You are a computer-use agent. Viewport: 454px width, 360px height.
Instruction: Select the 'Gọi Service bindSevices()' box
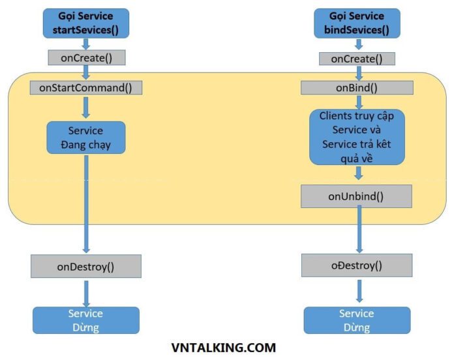pyautogui.click(x=357, y=23)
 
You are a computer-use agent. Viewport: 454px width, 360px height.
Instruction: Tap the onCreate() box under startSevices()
pyautogui.click(x=86, y=57)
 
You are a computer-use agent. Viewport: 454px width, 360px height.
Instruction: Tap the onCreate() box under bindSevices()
pyautogui.click(x=357, y=59)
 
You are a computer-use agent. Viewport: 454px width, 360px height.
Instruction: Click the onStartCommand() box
pyautogui.click(x=86, y=87)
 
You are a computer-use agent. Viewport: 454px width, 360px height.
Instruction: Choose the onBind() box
pyautogui.click(x=357, y=87)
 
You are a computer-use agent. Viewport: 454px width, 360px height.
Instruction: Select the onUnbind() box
pyautogui.click(x=357, y=196)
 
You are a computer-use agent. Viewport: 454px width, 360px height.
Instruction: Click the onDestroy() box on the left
pyautogui.click(x=86, y=266)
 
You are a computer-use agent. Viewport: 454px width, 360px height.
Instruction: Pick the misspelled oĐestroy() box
pyautogui.click(x=357, y=265)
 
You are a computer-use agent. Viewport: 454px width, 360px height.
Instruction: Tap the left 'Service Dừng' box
pyautogui.click(x=86, y=320)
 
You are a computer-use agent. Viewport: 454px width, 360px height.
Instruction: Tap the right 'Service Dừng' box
pyautogui.click(x=357, y=320)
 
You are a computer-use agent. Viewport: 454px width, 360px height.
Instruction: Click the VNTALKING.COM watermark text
pyautogui.click(x=224, y=348)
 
